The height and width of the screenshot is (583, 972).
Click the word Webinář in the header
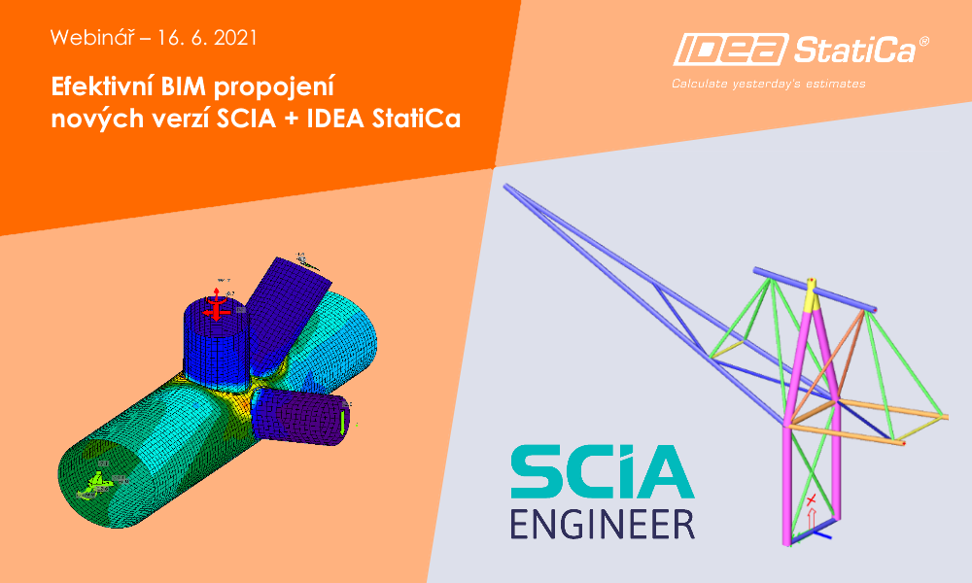coord(85,40)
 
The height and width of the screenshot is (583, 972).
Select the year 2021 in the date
coord(235,40)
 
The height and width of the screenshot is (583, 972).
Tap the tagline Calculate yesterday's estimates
coord(768,85)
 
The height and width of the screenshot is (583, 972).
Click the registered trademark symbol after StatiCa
coord(923,42)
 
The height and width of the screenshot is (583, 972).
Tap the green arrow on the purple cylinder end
coord(345,419)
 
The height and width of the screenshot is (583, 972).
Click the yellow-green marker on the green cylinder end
coord(98,479)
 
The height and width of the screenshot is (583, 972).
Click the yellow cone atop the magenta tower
coord(812,291)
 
